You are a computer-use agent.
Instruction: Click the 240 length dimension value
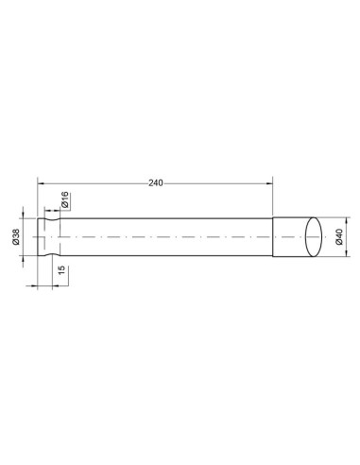(156, 183)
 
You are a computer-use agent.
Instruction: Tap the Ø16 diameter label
(65, 199)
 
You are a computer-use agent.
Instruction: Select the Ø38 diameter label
(16, 236)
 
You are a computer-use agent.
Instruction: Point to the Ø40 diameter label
(339, 237)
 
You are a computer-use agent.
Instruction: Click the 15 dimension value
(61, 270)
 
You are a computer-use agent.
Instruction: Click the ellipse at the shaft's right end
(314, 237)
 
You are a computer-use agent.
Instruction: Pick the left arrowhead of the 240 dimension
(41, 183)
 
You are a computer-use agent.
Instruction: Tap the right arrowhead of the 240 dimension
(269, 183)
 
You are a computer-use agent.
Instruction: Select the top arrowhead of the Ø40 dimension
(346, 221)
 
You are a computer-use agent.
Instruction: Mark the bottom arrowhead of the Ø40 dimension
(346, 253)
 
